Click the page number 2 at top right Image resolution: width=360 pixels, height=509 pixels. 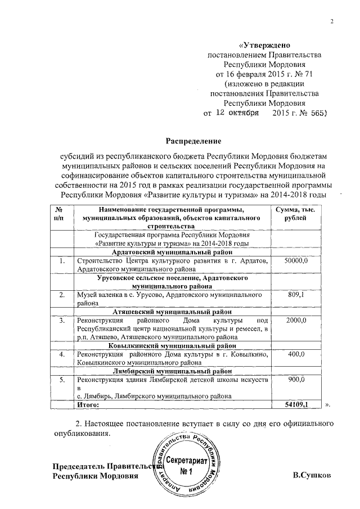tap(331, 22)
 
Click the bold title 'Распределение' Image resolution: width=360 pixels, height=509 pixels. tap(193, 140)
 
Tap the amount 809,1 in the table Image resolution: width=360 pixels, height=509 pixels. tap(296, 294)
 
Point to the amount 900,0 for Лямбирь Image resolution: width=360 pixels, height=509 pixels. tap(296, 380)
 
